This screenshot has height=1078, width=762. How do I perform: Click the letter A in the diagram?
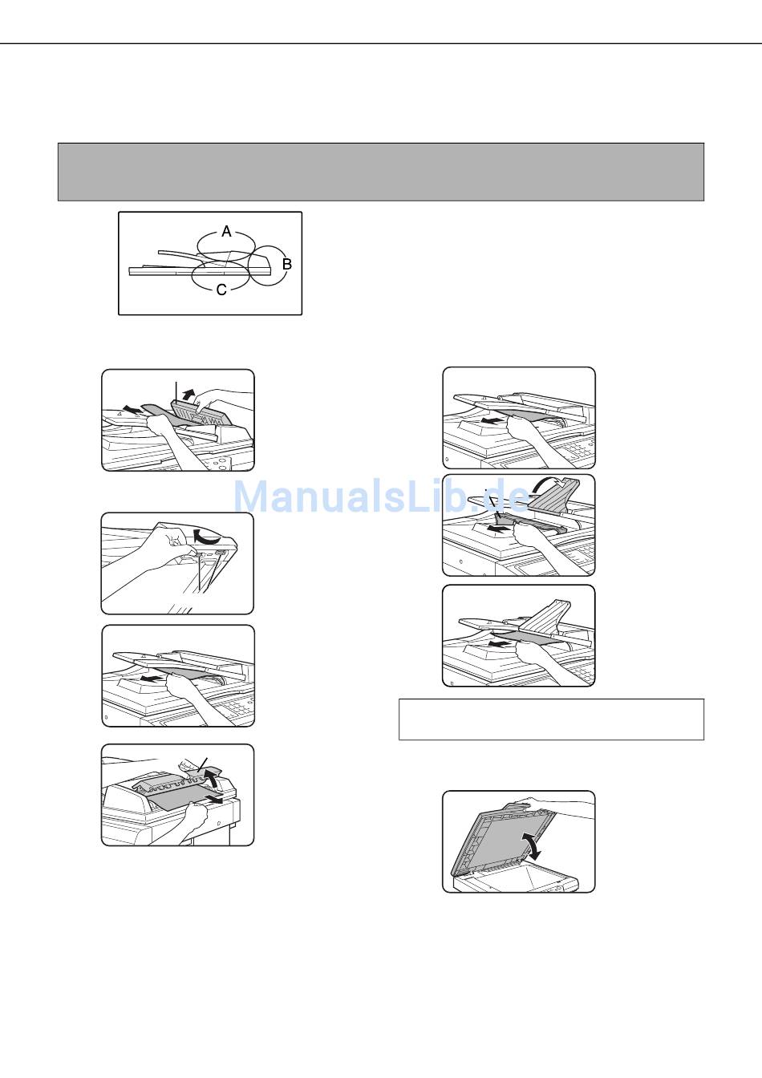pos(226,232)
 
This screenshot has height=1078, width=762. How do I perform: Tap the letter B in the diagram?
pos(287,264)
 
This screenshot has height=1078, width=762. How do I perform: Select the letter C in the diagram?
pos(221,290)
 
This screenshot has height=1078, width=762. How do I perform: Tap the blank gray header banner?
pos(381,172)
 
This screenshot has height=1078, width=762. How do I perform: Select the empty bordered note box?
pos(551,719)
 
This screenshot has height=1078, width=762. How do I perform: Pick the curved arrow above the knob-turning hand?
pos(207,536)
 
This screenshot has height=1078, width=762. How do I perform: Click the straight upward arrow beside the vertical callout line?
pos(188,395)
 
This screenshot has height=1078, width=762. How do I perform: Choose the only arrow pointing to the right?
pos(212,800)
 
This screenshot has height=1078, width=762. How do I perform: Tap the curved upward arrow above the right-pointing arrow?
pos(210,777)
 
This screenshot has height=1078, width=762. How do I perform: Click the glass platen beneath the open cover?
pos(520,877)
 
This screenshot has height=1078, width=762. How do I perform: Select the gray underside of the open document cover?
pos(501,842)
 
